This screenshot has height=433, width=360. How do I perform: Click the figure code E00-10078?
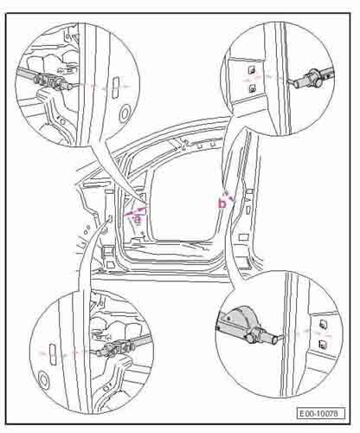[321, 413]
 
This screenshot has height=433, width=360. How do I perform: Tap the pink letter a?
[138, 220]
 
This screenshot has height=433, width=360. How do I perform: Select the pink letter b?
[222, 204]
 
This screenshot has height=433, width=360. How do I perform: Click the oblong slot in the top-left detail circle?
[114, 86]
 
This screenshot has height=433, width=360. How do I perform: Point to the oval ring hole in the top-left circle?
[125, 113]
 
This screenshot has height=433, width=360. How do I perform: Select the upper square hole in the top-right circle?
[252, 70]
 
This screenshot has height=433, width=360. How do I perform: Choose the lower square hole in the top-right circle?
[253, 88]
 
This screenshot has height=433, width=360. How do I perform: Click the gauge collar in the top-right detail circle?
[312, 77]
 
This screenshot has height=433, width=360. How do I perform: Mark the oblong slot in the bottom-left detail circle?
[54, 353]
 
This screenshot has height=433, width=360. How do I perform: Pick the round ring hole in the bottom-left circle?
[44, 380]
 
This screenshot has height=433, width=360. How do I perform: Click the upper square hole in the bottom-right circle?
[323, 325]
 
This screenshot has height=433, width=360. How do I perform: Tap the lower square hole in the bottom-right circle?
[323, 344]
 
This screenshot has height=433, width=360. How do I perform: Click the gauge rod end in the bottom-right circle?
[277, 339]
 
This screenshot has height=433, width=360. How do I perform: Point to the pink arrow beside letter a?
[137, 211]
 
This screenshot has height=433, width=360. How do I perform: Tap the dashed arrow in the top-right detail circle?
[266, 77]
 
